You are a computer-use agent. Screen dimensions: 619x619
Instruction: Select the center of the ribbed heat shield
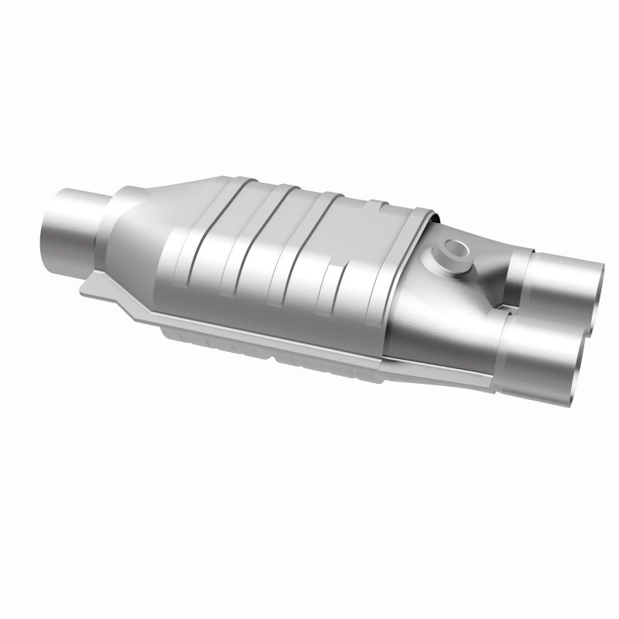[294, 255]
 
